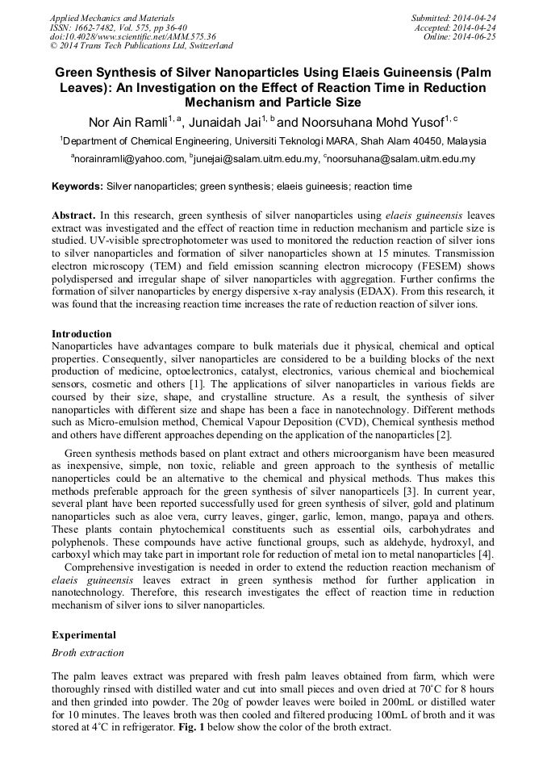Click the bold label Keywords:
77,186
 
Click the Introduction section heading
81,334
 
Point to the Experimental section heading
84,635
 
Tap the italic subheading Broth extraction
88,652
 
